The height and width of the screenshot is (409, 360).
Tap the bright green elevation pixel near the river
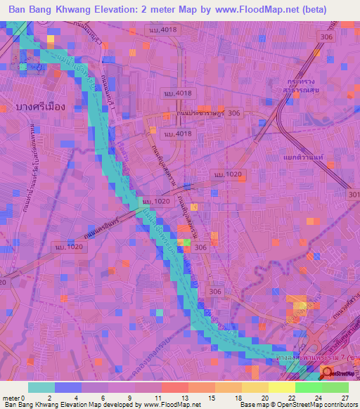[187, 242]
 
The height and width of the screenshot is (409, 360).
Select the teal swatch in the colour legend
[41, 387]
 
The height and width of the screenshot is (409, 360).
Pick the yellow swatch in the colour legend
[281, 387]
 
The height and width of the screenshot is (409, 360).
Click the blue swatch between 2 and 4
[67, 387]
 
